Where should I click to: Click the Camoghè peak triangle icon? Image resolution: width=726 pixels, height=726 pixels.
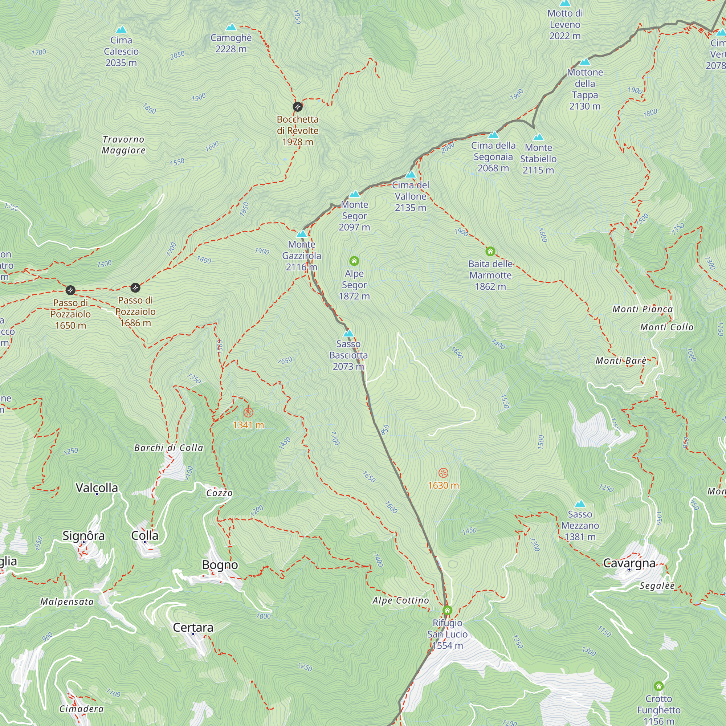point(231,28)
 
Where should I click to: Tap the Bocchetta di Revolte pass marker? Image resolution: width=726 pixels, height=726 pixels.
point(298,107)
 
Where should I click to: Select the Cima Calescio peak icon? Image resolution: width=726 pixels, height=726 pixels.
point(121,30)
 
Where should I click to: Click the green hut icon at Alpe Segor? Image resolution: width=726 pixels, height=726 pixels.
point(354,261)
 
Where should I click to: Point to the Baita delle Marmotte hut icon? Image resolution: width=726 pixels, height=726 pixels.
point(490,251)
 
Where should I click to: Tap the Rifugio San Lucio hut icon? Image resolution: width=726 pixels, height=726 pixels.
point(447,610)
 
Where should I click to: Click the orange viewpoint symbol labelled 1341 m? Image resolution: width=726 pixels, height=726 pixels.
point(248,413)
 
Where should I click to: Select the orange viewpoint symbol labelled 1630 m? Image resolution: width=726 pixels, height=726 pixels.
point(444,473)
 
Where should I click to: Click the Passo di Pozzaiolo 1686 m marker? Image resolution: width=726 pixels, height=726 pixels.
point(135,288)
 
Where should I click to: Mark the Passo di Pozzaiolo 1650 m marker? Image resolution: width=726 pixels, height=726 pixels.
point(70,290)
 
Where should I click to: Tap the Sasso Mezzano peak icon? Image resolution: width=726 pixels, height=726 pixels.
point(580,504)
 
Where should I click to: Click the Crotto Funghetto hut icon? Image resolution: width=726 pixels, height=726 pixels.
point(658,686)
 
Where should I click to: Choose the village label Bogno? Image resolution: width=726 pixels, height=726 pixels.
point(220,565)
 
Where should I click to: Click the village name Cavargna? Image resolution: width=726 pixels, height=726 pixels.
point(629,563)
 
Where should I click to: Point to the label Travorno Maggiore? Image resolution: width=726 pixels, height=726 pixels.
point(124,145)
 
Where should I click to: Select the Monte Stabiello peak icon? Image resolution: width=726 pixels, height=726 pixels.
point(538,137)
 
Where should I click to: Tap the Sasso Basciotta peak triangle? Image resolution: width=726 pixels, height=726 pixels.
point(348,333)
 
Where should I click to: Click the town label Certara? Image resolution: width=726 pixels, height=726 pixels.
point(193,627)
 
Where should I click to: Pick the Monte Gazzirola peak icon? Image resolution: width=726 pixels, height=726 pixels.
point(301,234)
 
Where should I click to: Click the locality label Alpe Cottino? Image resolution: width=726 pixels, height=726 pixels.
point(401,600)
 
